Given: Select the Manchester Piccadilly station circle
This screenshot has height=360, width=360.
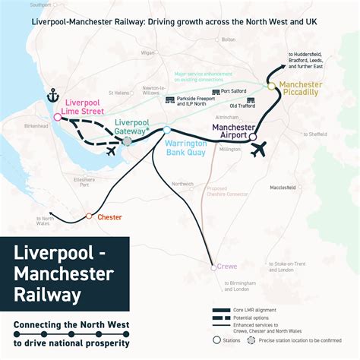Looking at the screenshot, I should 271,86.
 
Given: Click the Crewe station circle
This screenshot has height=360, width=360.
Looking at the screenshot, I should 213,267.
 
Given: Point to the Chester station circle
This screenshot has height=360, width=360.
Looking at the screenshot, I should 89,216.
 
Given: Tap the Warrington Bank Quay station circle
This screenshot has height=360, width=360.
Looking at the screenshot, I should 167,131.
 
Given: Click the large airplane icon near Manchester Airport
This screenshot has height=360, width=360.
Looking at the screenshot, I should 258,150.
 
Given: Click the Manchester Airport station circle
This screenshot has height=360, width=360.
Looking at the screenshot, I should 254,137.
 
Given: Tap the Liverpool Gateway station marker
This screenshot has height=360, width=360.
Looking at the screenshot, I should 128,141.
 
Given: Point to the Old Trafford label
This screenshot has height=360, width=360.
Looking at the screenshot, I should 242,105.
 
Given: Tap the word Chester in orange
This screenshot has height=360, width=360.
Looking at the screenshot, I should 110,217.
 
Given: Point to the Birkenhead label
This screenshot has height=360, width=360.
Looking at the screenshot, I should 36,125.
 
